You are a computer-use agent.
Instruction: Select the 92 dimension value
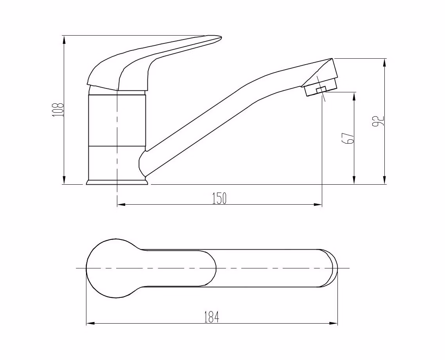tap(378, 121)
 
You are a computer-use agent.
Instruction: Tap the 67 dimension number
tap(349, 138)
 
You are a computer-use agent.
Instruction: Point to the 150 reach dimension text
tap(220, 198)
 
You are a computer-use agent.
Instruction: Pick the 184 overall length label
tap(212, 317)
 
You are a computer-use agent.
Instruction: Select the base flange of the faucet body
tap(117, 182)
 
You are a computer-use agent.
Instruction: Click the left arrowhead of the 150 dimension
tap(121, 204)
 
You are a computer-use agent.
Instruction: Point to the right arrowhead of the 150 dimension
tap(318, 204)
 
